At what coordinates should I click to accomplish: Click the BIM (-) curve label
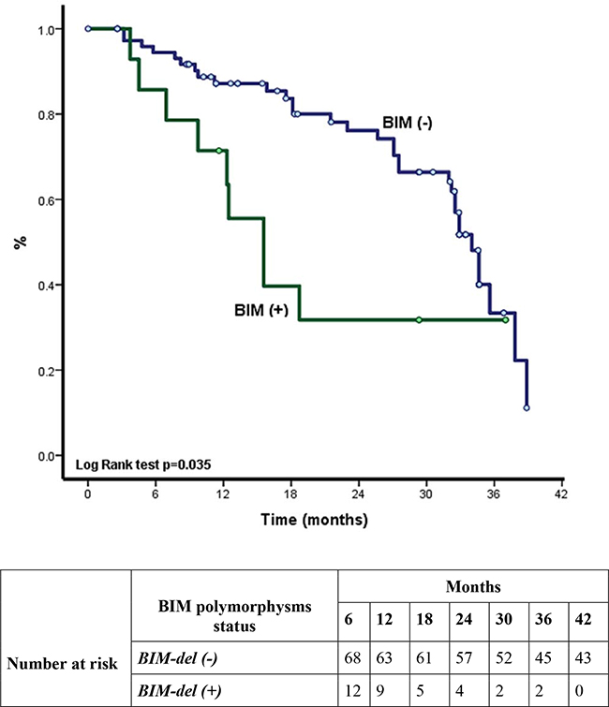(x=406, y=123)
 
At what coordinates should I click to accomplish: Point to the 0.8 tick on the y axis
(x=45, y=114)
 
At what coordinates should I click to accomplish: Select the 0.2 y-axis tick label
(x=45, y=370)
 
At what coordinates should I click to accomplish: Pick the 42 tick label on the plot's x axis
(x=561, y=497)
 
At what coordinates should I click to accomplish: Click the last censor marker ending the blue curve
(x=527, y=408)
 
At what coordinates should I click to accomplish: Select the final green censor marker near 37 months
(x=505, y=320)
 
